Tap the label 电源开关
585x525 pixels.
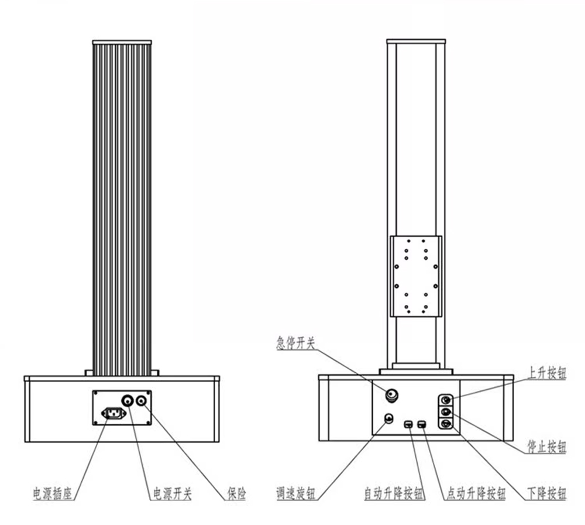tap(173, 493)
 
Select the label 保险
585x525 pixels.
tap(237, 493)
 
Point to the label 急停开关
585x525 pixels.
tap(295, 343)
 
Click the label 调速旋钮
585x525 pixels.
tap(295, 493)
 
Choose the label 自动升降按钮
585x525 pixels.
tap(394, 493)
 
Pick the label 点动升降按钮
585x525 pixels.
tap(476, 493)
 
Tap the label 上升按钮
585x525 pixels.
tap(547, 373)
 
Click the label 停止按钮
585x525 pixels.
tap(547, 447)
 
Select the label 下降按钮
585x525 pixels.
tap(547, 493)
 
